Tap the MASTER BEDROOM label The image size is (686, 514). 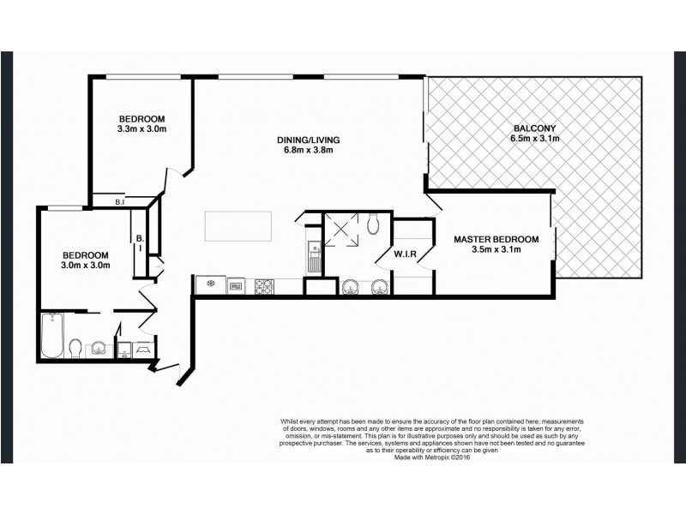point(496,239)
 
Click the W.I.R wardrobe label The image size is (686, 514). point(406,254)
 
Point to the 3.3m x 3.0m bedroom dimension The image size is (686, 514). point(141,129)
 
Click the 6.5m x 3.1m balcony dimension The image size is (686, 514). point(535,139)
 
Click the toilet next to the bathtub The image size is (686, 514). point(75,349)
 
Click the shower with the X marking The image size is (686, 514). point(339,230)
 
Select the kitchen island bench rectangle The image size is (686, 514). point(238,227)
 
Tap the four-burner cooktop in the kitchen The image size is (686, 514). point(263,285)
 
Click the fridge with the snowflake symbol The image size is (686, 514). point(209,284)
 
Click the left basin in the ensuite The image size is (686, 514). point(352,286)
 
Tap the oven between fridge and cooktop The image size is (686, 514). point(236,285)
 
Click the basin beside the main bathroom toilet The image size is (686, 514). point(99,348)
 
